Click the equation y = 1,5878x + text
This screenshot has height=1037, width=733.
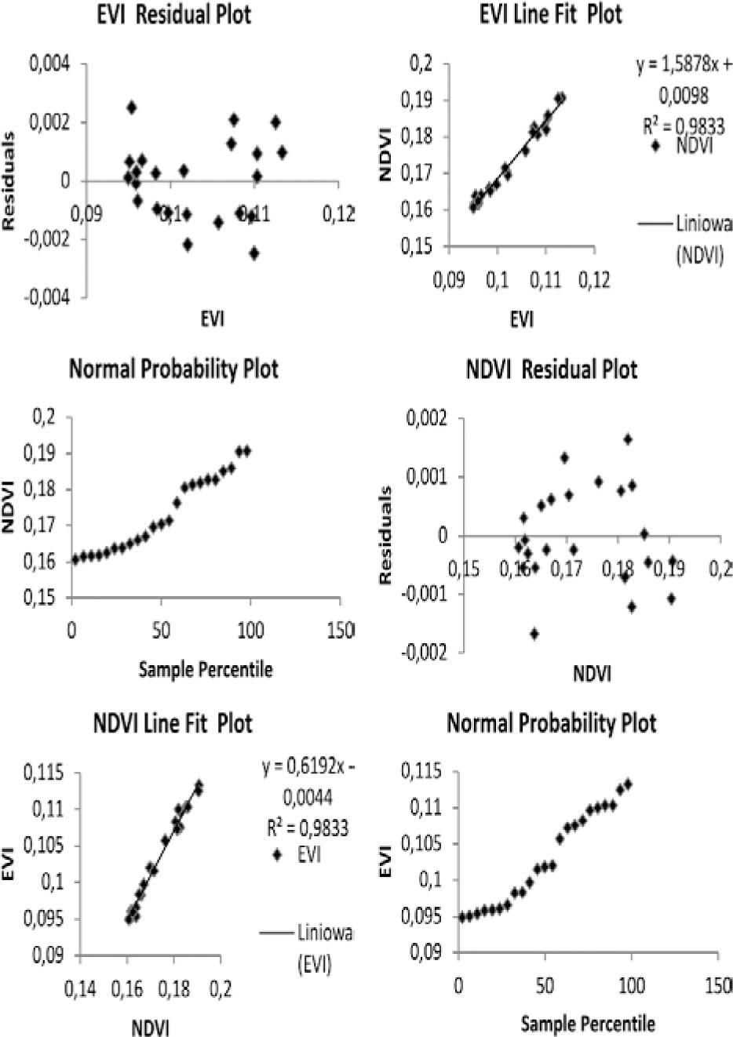point(684,67)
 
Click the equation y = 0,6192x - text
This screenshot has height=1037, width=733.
point(308,766)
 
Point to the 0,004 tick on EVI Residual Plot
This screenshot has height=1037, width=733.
point(49,64)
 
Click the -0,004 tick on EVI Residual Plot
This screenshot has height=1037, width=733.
point(46,298)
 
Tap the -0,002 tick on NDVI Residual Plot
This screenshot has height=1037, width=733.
point(424,653)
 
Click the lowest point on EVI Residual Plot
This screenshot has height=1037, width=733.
point(254,253)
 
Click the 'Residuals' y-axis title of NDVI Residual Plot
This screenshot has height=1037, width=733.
point(385,534)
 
